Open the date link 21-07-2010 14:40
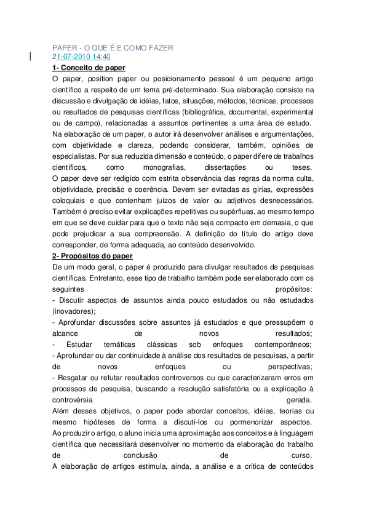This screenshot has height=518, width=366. (x=81, y=57)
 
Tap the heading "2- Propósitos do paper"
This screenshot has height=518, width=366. (x=92, y=256)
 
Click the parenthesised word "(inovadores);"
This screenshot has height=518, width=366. (x=74, y=311)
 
